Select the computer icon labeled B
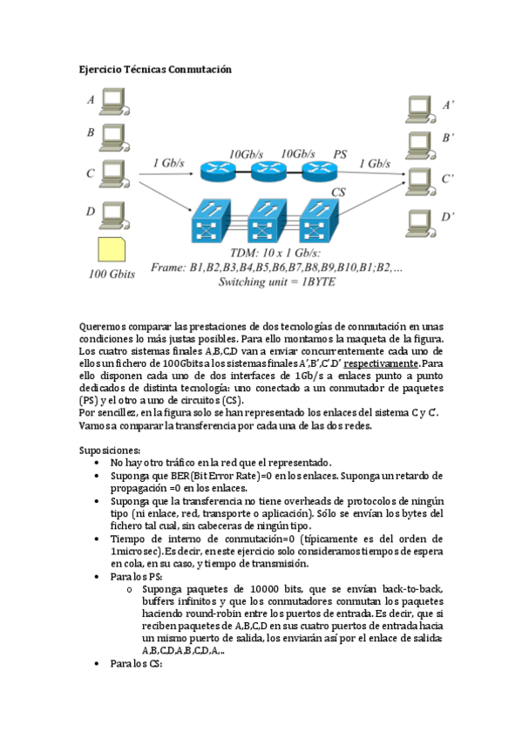(113, 136)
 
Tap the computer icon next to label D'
(422, 219)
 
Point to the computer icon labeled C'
(422, 180)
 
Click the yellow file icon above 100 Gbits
(112, 251)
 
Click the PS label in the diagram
(340, 154)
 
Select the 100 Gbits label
(113, 275)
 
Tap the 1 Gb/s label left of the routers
(168, 162)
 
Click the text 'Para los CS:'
(137, 663)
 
